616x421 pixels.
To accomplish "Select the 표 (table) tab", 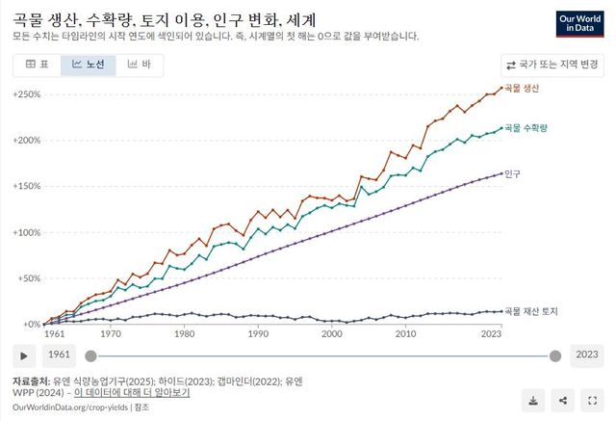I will coord(37,65).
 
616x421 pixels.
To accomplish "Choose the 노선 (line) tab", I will coord(88,65).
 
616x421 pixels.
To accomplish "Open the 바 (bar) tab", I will coord(140,65).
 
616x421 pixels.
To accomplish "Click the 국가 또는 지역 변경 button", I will coord(552,66).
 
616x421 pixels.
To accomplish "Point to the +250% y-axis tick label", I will coord(27,94).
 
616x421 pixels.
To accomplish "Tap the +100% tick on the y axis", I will coord(27,232).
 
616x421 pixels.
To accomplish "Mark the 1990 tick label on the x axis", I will coord(258,333).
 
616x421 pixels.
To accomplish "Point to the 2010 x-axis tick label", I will coord(405,333).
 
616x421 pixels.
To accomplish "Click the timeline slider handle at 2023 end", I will coord(555,355).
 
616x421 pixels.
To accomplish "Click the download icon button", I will coord(532,400).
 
